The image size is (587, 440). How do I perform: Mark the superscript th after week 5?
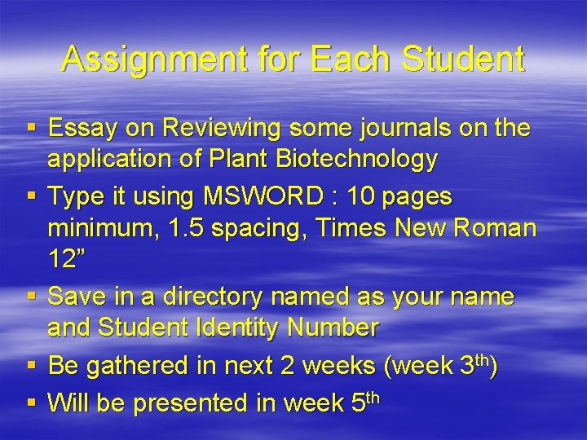pyautogui.click(x=372, y=397)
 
